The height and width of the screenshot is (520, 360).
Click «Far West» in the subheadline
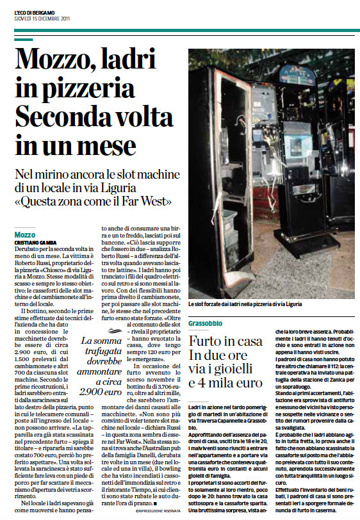(x=149, y=202)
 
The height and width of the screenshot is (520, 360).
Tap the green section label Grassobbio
(x=207, y=324)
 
